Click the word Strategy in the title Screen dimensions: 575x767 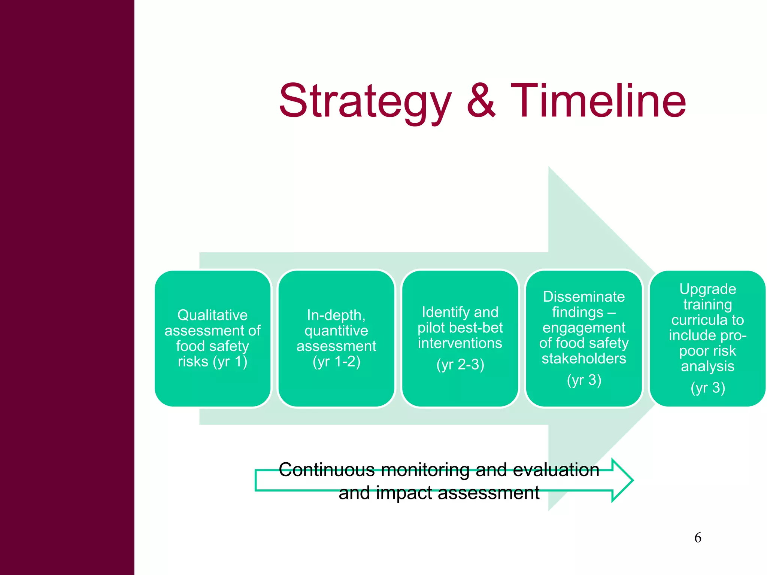pos(365,101)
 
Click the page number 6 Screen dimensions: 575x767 pos(698,538)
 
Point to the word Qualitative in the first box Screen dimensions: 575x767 pos(212,315)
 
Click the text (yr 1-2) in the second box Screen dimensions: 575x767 pos(336,362)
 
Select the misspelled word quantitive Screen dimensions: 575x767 pos(336,331)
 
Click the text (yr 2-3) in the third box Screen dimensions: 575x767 pos(460,364)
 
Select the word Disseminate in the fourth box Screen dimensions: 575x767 pos(584,296)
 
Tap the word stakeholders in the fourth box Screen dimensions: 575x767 pos(584,359)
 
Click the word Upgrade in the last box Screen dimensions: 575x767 pos(708,289)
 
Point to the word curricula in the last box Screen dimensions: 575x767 pos(698,320)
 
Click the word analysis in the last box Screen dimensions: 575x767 pos(707,366)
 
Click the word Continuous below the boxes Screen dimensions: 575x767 pos(327,469)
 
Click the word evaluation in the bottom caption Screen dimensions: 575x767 pos(556,469)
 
